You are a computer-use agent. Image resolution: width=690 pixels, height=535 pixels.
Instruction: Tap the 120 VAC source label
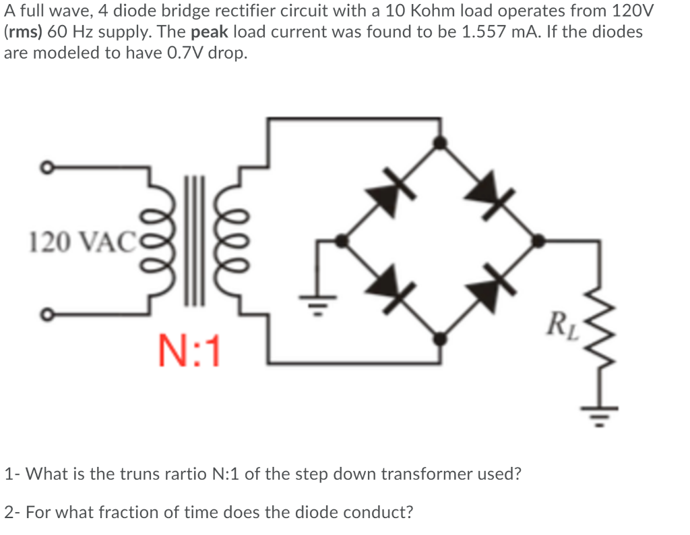click(73, 240)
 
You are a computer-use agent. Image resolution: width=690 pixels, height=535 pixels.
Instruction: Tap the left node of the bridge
click(342, 240)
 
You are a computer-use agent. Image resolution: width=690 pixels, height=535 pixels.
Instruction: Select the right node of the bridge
click(538, 240)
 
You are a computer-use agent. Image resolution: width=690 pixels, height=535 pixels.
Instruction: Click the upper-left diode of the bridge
click(389, 192)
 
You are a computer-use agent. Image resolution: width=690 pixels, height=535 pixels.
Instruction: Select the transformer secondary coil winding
click(238, 240)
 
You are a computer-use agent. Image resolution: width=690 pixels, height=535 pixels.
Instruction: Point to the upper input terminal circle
click(46, 167)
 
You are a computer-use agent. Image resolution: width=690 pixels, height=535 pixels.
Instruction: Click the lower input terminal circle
click(46, 314)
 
